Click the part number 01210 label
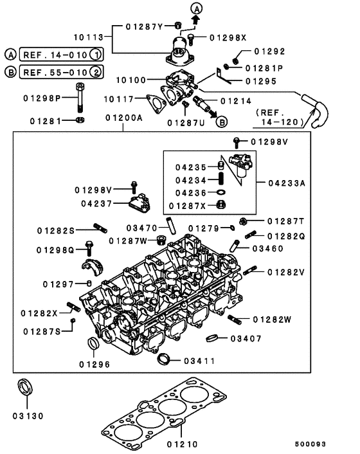point(183,444)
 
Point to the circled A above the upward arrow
point(197,8)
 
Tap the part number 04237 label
point(97,203)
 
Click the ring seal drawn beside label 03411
point(164,358)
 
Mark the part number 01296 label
point(94,364)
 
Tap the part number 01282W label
point(273,319)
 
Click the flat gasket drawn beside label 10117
point(155,103)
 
